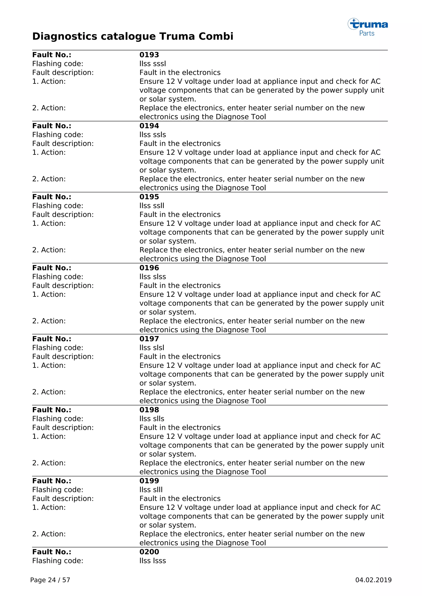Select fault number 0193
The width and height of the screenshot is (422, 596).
(149, 55)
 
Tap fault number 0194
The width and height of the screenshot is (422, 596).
(149, 126)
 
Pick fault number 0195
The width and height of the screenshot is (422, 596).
(149, 197)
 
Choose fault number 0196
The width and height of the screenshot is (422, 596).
(149, 268)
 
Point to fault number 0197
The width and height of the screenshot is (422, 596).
(149, 339)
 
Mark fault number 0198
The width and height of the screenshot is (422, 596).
(149, 410)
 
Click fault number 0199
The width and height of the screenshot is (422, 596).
(149, 481)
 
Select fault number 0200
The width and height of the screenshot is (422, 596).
(149, 552)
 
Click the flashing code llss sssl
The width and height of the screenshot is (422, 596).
(152, 64)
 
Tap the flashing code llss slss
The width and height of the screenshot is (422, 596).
(152, 277)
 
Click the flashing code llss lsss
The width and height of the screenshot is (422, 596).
(152, 561)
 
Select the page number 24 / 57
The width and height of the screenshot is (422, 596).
(50, 580)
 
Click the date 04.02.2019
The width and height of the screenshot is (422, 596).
(373, 580)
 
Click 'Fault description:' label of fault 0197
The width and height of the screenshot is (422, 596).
(63, 356)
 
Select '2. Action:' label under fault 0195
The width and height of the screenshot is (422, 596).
(49, 250)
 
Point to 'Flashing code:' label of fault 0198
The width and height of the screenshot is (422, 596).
(58, 419)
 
